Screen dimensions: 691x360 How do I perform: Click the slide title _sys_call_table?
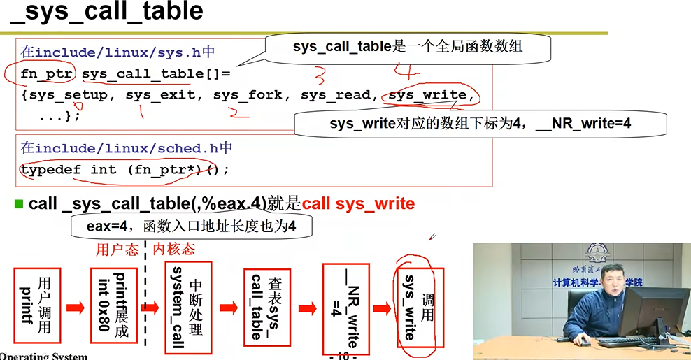(106, 13)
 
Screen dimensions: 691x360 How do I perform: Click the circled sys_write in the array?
(427, 95)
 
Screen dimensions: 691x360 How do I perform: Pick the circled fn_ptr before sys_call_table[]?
(47, 73)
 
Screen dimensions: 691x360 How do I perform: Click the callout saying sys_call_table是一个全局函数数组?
(408, 47)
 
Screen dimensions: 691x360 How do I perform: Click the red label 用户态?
(117, 249)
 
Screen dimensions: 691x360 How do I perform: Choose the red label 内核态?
(173, 249)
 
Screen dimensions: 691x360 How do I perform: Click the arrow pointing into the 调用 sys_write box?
(381, 308)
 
